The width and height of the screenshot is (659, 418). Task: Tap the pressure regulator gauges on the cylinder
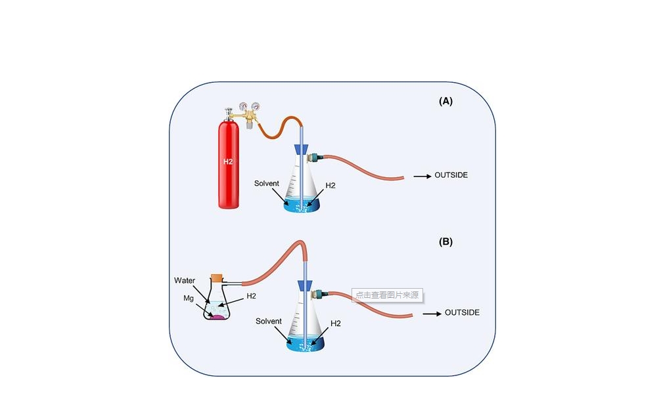(248, 107)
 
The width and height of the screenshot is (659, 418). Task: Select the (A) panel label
(445, 101)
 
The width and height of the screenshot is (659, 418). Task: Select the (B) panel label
(445, 241)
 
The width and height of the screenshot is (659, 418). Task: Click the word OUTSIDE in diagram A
(451, 176)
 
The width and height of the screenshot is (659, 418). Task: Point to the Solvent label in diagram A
(267, 183)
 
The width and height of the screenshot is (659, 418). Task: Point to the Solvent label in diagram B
(269, 322)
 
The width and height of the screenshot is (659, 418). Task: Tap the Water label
(185, 280)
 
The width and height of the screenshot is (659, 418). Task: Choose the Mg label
(189, 297)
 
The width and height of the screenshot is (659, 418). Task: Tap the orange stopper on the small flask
(217, 278)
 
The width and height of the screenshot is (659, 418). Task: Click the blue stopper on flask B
(304, 285)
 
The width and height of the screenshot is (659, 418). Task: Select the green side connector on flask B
(320, 293)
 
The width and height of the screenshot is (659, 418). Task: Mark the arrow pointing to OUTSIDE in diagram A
(421, 177)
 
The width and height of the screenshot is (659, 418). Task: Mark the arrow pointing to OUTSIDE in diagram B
(431, 314)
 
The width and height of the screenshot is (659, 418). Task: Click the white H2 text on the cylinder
(228, 161)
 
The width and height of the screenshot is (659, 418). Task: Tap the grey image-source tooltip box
(387, 295)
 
